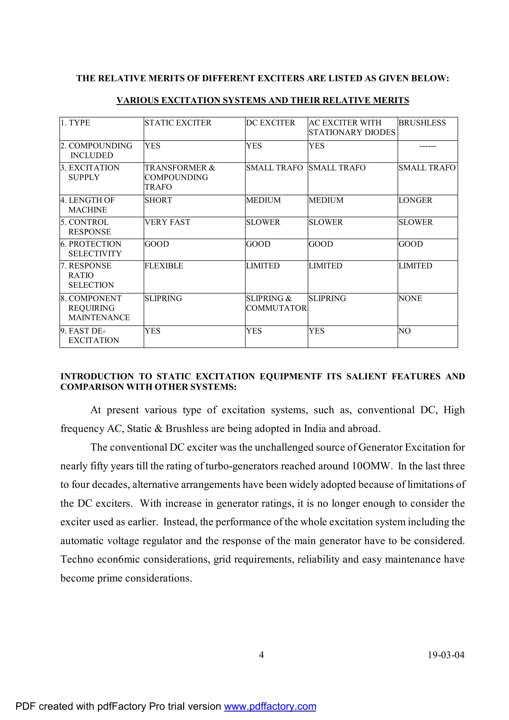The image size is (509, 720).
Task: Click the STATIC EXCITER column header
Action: [x=178, y=123]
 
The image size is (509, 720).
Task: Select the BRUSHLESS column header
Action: [x=422, y=123]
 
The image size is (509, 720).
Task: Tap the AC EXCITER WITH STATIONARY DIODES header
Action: [x=352, y=128]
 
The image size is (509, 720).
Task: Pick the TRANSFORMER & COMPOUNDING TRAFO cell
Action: [x=180, y=178]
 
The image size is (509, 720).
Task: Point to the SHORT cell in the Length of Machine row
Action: [x=158, y=200]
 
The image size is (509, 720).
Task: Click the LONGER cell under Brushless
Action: [x=415, y=200]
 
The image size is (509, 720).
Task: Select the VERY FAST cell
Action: [x=167, y=222]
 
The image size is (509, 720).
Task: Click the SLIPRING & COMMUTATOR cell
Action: [x=276, y=303]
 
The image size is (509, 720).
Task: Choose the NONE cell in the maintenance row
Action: [x=410, y=298]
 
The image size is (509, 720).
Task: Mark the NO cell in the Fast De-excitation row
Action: [x=404, y=331]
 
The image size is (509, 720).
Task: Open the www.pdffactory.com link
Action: [x=270, y=706]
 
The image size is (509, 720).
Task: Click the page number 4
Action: [x=261, y=655]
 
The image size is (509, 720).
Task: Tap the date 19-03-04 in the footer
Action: [x=446, y=655]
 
